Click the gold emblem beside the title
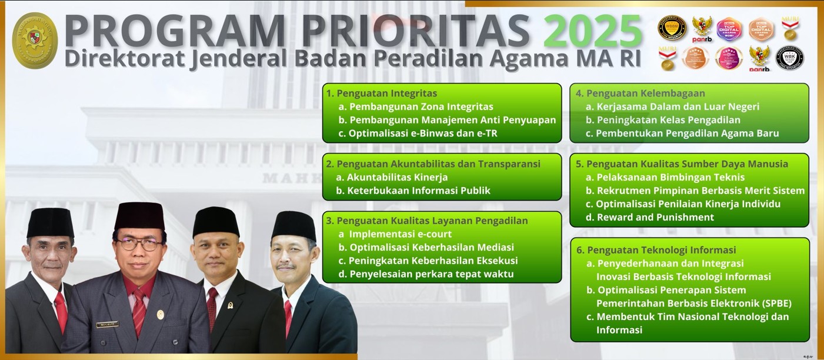coord(35,41)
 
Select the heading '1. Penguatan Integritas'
coord(382,93)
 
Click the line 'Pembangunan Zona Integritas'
coord(421,106)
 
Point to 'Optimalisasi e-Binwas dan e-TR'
coord(422,134)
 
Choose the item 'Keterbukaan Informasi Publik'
coord(418,191)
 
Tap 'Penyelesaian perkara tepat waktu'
coord(431,274)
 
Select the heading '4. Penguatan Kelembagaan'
coord(640,93)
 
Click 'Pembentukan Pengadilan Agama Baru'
coord(687,134)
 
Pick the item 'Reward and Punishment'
coord(655,217)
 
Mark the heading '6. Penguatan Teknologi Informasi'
coord(656,250)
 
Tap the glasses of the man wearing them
coord(139,244)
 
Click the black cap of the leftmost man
coord(51,222)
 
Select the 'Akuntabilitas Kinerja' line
coord(397,177)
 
